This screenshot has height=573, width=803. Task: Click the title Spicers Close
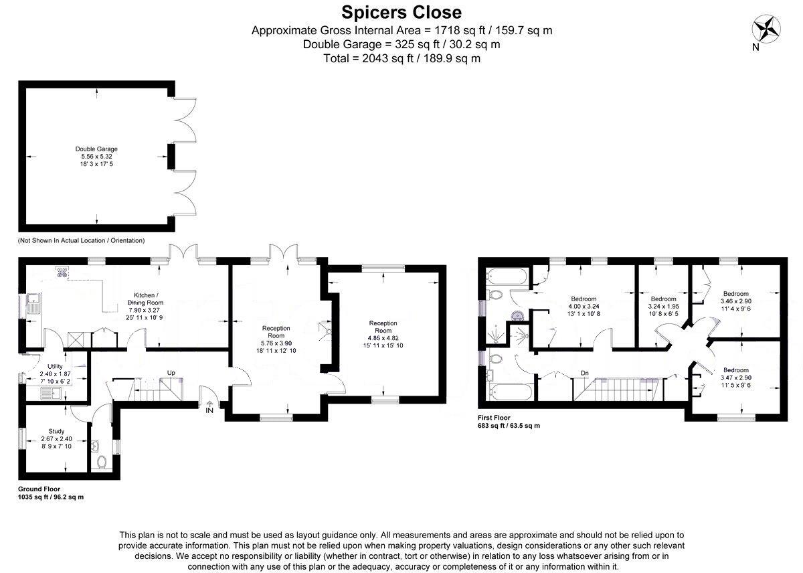coord(401,13)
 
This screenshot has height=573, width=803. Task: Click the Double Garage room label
coord(96,149)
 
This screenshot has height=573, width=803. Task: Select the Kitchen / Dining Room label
coord(146,299)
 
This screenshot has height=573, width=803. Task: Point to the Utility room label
coord(55,366)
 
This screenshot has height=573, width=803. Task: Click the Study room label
coord(56,431)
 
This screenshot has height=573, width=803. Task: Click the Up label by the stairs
coord(171,373)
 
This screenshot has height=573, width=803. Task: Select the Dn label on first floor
coord(585,374)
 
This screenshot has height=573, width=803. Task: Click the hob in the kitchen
coord(62,272)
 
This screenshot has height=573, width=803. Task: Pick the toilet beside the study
coord(102,462)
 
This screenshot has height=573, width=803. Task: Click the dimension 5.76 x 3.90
coord(276,343)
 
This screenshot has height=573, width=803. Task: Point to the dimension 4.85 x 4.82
coord(383,338)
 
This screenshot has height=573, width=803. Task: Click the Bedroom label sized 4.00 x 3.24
coord(584,299)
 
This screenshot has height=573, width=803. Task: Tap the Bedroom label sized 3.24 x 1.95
coord(664,299)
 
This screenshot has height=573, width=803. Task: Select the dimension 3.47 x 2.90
coord(736,378)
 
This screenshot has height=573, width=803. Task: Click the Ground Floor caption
coord(39,489)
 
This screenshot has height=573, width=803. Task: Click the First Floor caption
coord(494,418)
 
